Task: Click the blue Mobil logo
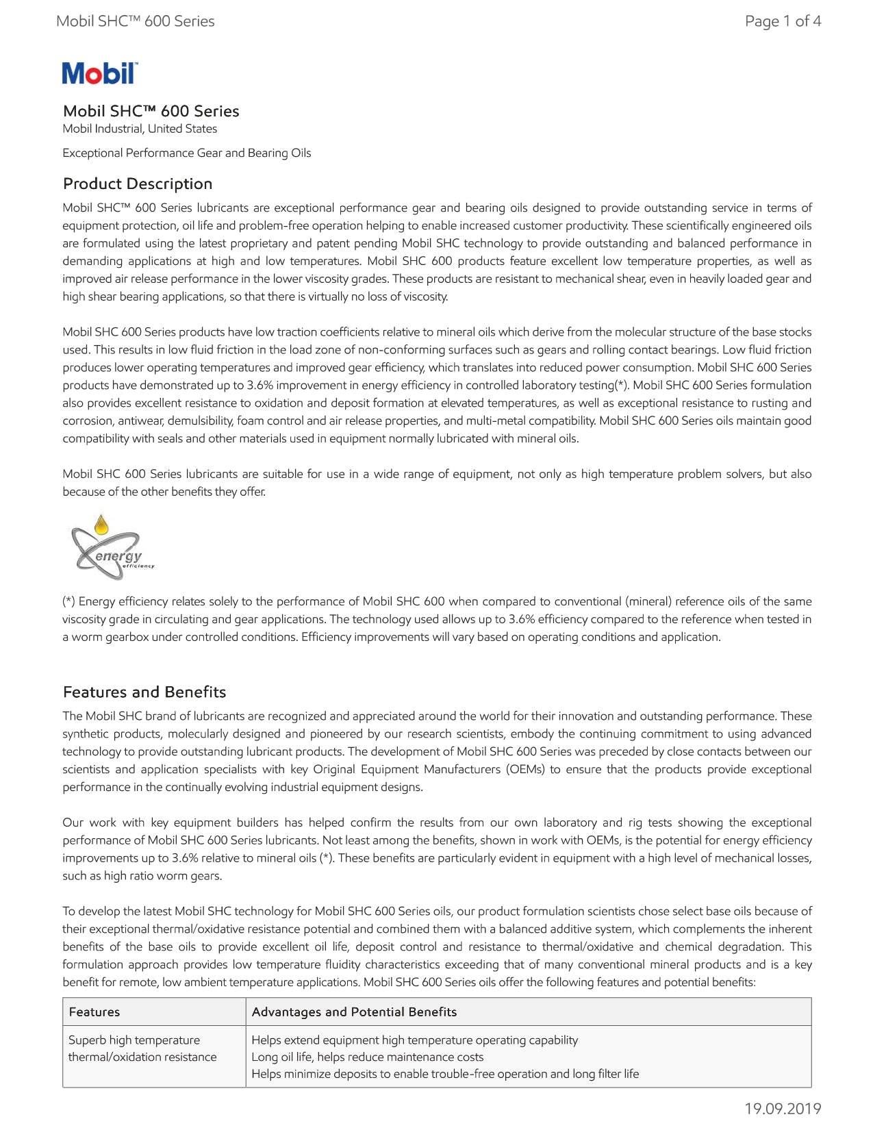coord(100,73)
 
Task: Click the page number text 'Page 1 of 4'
coord(783,21)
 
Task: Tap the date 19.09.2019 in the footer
coord(783,1108)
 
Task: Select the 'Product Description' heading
coord(138,184)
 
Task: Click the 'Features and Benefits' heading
coord(144,692)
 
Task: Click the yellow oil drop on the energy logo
coord(101,525)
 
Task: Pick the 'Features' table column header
coord(94,1012)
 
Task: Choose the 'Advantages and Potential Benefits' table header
coord(354,1012)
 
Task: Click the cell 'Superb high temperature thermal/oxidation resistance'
coord(142,1049)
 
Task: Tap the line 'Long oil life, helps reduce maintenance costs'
coord(367,1057)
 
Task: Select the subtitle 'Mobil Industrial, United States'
coord(140,129)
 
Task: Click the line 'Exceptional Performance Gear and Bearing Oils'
coord(187,153)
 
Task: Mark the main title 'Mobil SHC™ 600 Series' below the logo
coord(151,111)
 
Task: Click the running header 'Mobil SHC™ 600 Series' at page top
coord(136,21)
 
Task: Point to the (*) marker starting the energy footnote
coord(68,601)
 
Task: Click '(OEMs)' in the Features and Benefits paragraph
coord(526,769)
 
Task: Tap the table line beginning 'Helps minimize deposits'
coord(445,1074)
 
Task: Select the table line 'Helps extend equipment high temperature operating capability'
coord(414,1040)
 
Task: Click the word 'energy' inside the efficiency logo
coord(118,555)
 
